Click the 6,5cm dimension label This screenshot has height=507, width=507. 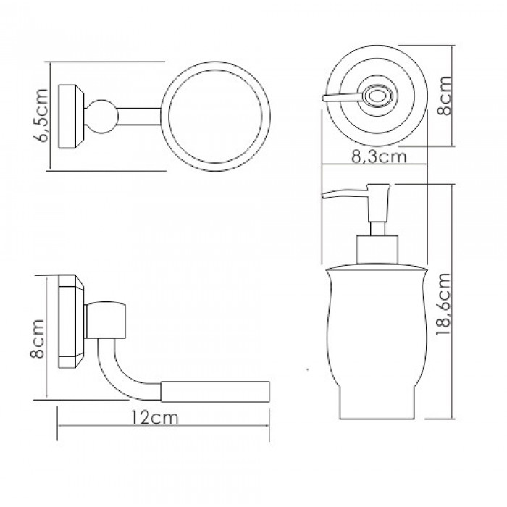coord(41,116)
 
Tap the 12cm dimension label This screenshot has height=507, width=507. coord(154,417)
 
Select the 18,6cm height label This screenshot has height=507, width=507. coord(443,304)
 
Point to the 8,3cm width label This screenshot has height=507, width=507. coord(379,157)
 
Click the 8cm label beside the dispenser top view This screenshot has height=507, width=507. coord(444,96)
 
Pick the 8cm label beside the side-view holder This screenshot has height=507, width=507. coord(37,339)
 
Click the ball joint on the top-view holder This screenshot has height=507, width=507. coord(101,117)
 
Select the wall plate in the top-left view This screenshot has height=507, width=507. coord(71,117)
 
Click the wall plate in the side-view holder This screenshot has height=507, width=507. coord(71,322)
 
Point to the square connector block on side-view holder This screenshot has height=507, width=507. coord(106,320)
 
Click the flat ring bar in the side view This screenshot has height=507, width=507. coord(215,392)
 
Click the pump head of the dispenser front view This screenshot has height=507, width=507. coord(378,203)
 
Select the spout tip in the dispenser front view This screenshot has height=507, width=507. coord(323,196)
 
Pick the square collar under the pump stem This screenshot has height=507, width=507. coord(377,250)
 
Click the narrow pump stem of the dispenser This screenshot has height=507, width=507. coord(377,229)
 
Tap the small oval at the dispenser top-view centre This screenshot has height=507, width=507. coord(377,96)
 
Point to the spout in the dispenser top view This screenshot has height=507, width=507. coord(343,97)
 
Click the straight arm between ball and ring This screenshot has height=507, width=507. coord(139,117)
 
